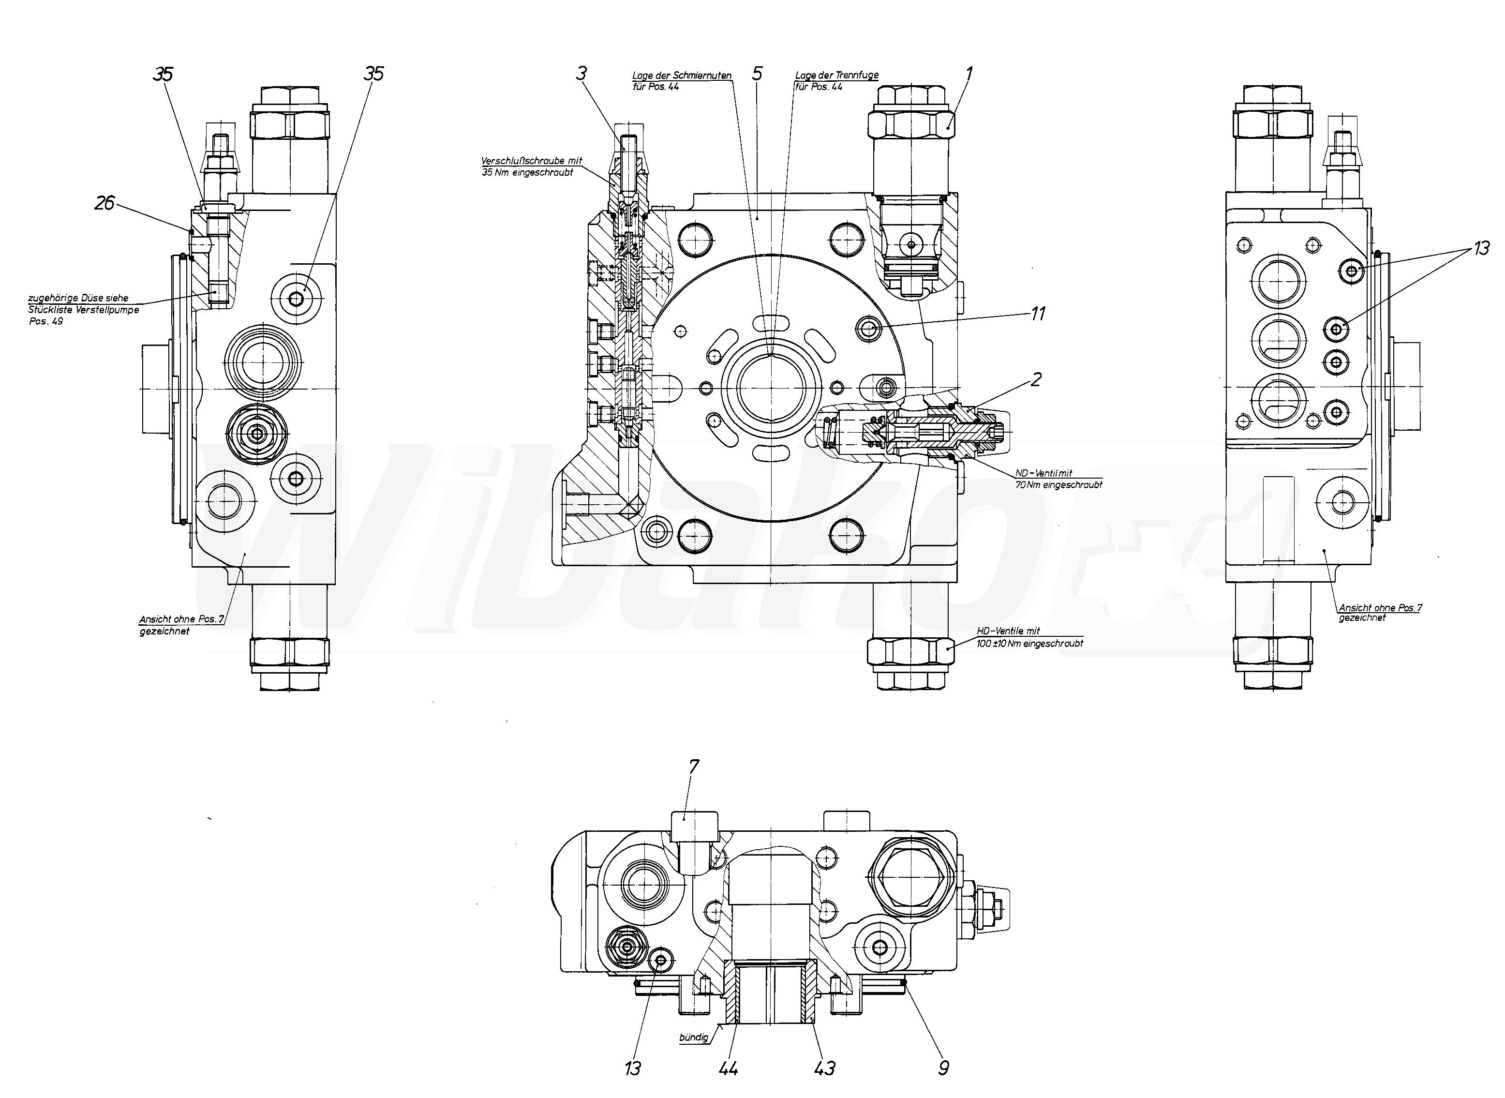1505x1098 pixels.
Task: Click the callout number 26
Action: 104,203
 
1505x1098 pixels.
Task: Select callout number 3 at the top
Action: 581,73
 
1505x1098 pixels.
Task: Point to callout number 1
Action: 969,73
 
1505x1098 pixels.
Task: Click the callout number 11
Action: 1038,313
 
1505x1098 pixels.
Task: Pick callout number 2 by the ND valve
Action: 1036,379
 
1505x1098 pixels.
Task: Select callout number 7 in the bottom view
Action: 694,767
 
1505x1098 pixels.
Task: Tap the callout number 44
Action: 728,1069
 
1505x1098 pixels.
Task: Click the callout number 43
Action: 825,1069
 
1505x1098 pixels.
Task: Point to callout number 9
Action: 943,1068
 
